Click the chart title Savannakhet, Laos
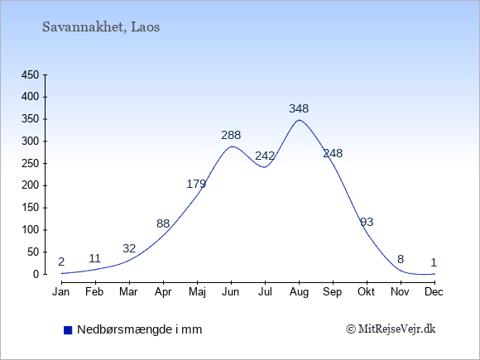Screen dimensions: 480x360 (101, 27)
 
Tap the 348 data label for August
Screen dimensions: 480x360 (299, 108)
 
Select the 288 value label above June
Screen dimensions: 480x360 (231, 135)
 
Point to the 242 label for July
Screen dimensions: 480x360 (265, 156)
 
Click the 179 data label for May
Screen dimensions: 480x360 (196, 184)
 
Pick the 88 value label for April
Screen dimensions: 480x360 (163, 223)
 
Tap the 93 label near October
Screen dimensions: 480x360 (367, 222)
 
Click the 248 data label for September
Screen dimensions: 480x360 (333, 153)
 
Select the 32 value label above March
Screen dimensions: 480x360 (129, 248)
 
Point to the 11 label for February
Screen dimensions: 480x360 (95, 259)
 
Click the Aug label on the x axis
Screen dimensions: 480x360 (299, 292)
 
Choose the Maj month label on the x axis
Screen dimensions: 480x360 (197, 292)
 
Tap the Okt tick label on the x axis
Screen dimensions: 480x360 (367, 292)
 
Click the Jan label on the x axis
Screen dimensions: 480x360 (61, 292)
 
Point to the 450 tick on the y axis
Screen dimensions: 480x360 (31, 75)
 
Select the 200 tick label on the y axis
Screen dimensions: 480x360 (31, 185)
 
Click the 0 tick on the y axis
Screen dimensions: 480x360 (36, 274)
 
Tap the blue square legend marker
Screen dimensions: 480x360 (68, 330)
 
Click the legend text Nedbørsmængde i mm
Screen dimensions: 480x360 (140, 329)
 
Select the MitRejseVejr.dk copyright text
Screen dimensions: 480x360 (391, 329)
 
